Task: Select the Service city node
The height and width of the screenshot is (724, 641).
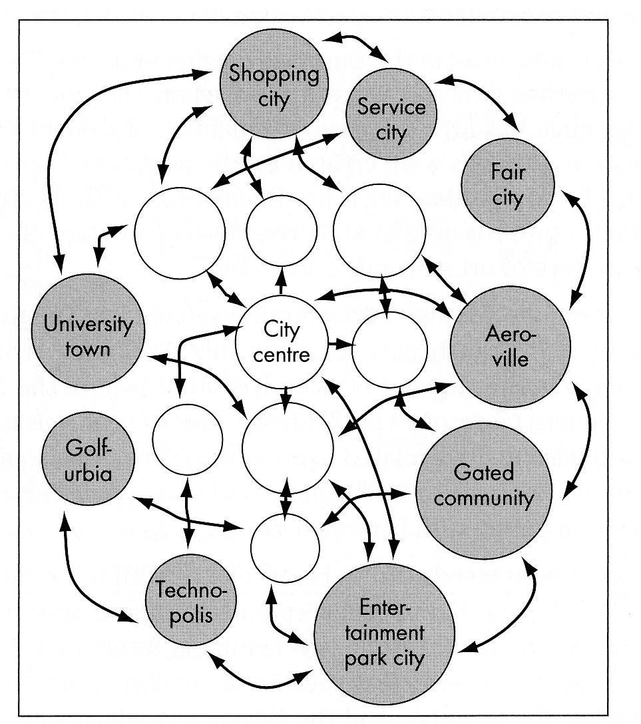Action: point(391,114)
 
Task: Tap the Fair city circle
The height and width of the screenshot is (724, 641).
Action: point(507,185)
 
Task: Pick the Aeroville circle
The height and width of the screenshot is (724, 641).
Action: point(510,346)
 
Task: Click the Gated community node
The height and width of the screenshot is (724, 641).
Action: point(484,491)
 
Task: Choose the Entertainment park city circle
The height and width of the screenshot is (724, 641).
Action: point(384,633)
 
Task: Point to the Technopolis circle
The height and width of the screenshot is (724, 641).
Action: point(191,600)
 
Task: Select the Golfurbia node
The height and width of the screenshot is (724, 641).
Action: point(88,458)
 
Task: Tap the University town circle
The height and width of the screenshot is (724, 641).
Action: point(88,331)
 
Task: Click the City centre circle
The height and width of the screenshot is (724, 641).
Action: point(282,341)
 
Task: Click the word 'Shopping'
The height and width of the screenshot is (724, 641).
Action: point(274,74)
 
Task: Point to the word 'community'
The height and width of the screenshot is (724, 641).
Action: point(484,498)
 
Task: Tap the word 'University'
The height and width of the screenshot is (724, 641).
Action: point(88,323)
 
